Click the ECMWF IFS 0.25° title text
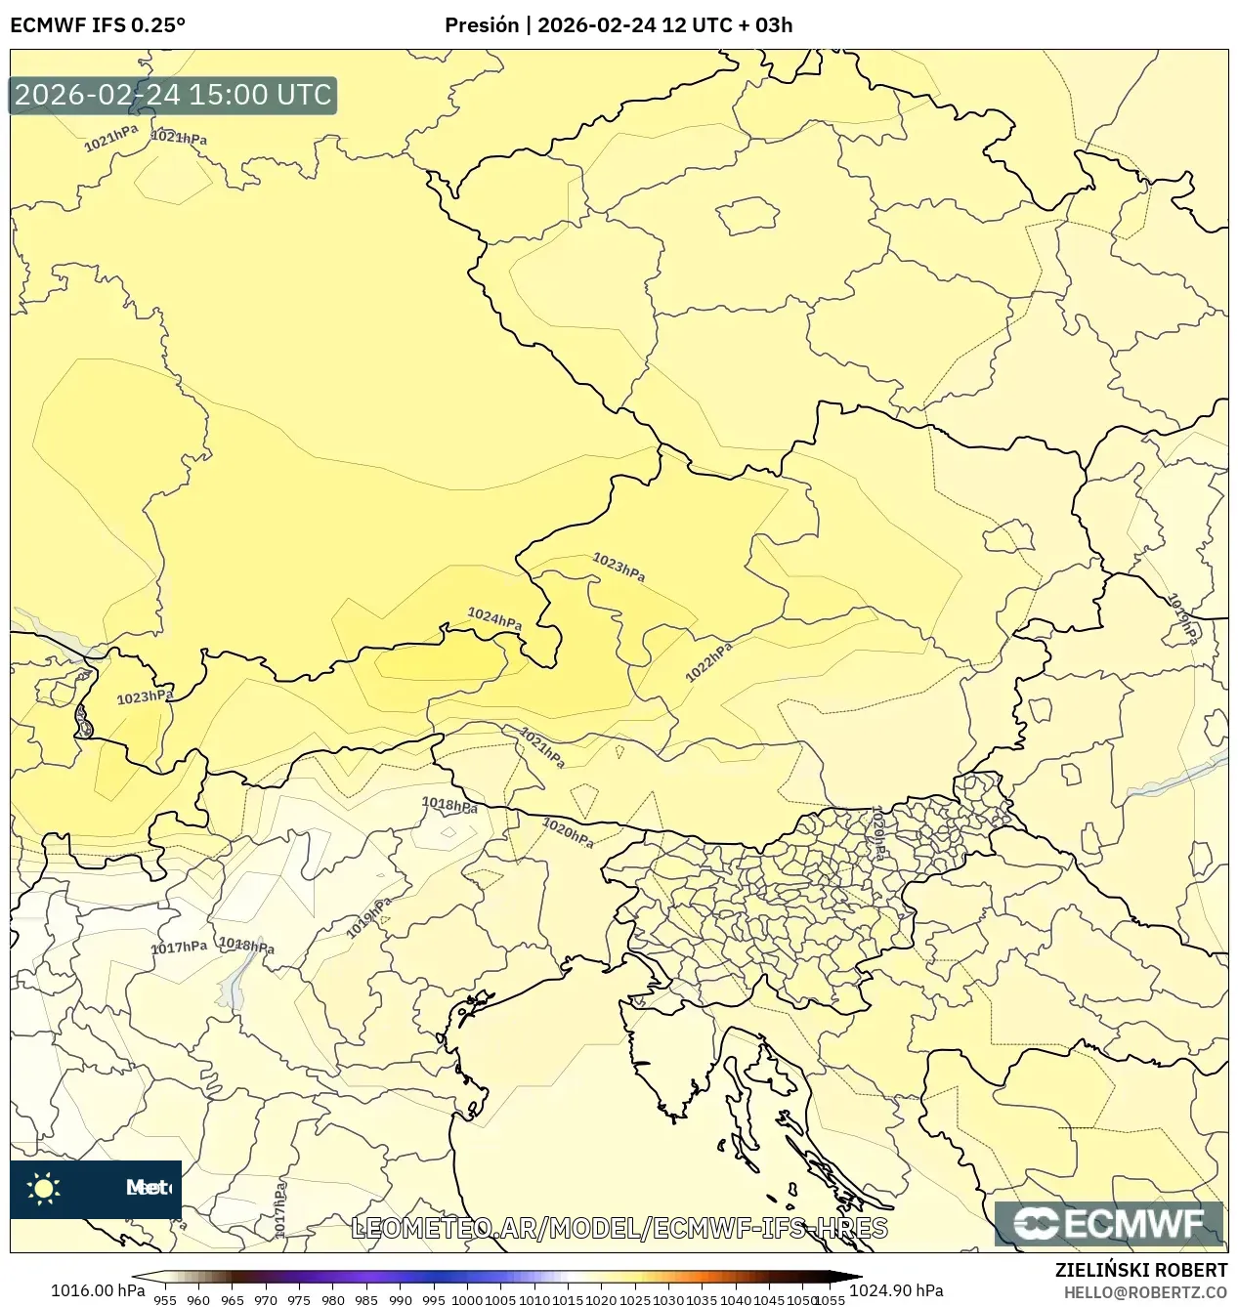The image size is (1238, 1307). (98, 25)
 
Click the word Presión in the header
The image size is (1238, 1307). (481, 25)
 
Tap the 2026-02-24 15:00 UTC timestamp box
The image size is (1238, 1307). (173, 95)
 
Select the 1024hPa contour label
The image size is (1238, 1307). (494, 618)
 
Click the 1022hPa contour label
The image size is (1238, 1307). (708, 662)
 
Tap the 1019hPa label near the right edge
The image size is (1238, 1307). (1183, 619)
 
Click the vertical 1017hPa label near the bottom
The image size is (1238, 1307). (280, 1209)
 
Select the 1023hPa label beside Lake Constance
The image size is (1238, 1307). (145, 696)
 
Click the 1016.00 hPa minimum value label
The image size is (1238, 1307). (98, 1290)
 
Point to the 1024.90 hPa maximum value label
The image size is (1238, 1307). (896, 1290)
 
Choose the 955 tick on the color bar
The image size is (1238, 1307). (165, 1300)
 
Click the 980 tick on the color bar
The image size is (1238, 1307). (333, 1300)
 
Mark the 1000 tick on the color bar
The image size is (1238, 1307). (467, 1300)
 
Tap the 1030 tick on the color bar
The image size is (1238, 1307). (668, 1300)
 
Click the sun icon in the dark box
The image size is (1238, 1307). (44, 1188)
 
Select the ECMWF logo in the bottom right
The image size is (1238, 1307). (1109, 1224)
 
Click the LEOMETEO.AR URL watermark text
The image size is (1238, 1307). (619, 1228)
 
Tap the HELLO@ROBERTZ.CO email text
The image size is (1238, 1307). (1145, 1292)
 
